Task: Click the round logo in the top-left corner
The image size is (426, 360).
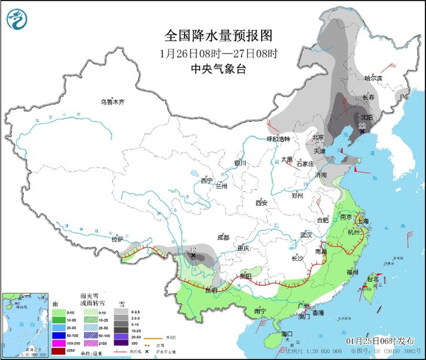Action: [x=18, y=19]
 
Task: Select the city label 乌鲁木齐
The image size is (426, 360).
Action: [x=112, y=102]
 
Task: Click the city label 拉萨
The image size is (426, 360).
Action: [x=118, y=240]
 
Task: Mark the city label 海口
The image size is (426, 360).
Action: [x=287, y=334]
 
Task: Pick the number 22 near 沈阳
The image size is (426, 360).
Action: [x=362, y=126]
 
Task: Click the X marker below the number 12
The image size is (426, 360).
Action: [x=194, y=256]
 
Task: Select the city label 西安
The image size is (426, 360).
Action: [x=262, y=202]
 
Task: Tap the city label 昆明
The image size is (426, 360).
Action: [x=211, y=290]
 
